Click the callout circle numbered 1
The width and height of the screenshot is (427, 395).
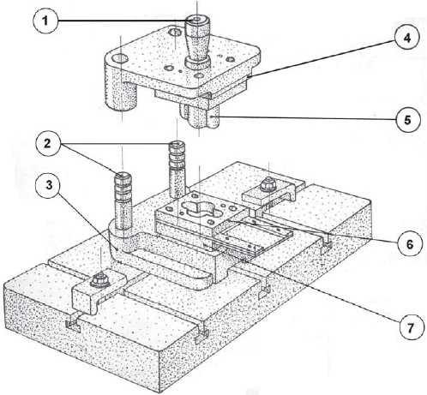pyautogui.click(x=45, y=21)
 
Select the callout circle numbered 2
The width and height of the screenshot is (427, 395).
pyautogui.click(x=48, y=144)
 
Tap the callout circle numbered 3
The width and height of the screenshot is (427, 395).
pyautogui.click(x=48, y=185)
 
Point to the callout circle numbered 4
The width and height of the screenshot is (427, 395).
pyautogui.click(x=406, y=38)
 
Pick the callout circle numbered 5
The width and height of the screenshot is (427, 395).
pyautogui.click(x=408, y=120)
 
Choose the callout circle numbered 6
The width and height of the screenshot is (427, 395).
pyautogui.click(x=410, y=245)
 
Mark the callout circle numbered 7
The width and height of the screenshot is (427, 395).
pyautogui.click(x=411, y=328)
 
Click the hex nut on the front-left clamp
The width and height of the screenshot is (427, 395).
pyautogui.click(x=99, y=279)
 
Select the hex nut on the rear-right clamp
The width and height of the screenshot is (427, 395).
pyautogui.click(x=268, y=184)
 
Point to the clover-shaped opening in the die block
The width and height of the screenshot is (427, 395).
pyautogui.click(x=199, y=209)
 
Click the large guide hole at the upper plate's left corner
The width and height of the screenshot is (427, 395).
pyautogui.click(x=120, y=59)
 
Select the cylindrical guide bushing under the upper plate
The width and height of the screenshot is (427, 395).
pyautogui.click(x=122, y=97)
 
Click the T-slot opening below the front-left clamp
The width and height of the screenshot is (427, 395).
pyautogui.click(x=73, y=326)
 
